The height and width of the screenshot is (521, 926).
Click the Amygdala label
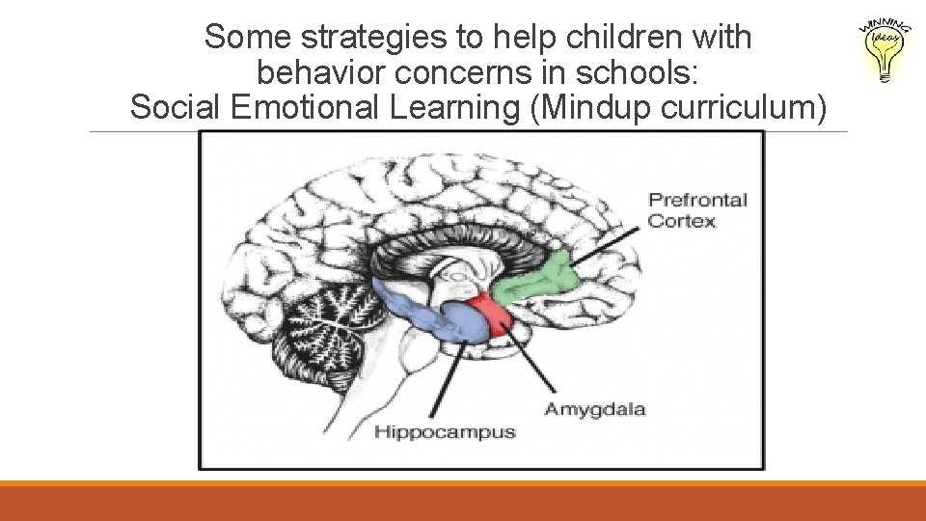point(594,409)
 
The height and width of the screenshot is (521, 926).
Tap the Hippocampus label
point(445,432)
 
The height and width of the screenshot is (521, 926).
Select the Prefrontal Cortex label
point(696,210)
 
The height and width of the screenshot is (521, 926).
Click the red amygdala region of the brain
point(493,314)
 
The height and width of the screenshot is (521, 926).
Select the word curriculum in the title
point(744,107)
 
